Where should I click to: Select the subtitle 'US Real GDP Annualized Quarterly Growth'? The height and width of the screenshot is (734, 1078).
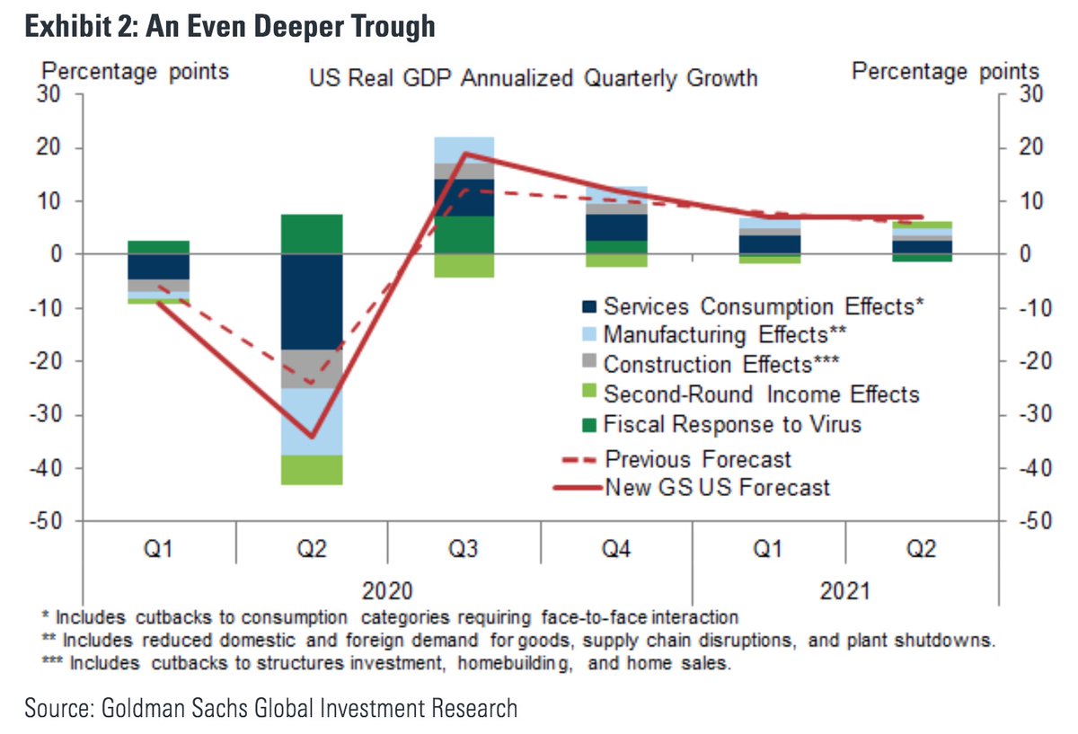coord(534,78)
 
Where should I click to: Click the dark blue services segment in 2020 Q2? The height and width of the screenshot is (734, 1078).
coord(312,301)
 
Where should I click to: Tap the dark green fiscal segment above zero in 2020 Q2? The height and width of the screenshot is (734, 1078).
coord(312,234)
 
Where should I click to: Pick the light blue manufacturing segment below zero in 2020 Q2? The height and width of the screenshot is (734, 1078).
coord(312,421)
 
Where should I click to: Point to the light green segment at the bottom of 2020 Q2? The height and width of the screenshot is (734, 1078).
coord(312,470)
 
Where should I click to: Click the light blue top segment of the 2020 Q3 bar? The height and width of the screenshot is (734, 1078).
coord(464,150)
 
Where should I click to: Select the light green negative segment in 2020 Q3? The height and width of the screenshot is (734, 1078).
coord(464,265)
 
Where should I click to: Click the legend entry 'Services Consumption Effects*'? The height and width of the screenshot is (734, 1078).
coord(764,306)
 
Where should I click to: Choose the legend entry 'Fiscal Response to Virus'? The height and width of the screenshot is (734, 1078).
coord(732,423)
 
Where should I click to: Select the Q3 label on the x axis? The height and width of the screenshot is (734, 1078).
coord(464,549)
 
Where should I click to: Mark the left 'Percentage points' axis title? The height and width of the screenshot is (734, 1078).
coord(137,70)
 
